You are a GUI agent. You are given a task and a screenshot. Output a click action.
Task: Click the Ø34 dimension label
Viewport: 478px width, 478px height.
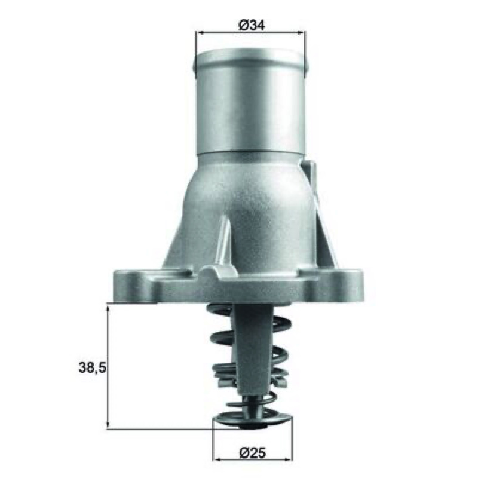point(252,24)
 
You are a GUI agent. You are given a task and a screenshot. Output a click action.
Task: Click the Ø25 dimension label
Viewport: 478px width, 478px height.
point(252,453)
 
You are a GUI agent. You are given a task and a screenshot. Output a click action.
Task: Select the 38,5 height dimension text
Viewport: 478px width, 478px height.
point(93,368)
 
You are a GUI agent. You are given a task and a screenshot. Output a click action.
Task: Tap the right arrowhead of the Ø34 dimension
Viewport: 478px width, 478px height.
point(301,33)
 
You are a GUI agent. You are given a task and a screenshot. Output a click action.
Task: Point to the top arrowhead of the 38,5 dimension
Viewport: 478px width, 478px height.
point(108,308)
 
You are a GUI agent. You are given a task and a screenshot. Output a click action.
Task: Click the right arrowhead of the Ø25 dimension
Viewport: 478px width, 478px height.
point(288,459)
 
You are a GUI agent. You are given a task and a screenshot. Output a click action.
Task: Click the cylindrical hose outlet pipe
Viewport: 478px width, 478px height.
point(250,100)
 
